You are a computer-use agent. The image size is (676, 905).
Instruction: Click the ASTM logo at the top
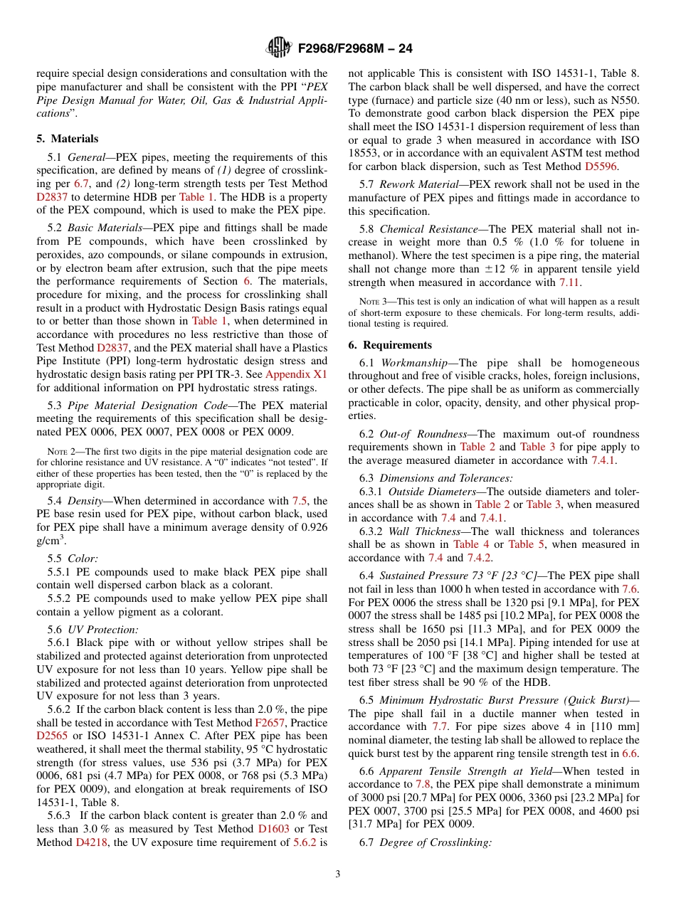(278, 48)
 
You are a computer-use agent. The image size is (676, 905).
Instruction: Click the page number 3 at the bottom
(338, 874)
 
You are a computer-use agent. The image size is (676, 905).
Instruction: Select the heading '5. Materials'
(68, 139)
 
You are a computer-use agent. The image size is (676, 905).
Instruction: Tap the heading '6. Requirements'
(390, 345)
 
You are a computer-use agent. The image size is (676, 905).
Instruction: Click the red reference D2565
(52, 736)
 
